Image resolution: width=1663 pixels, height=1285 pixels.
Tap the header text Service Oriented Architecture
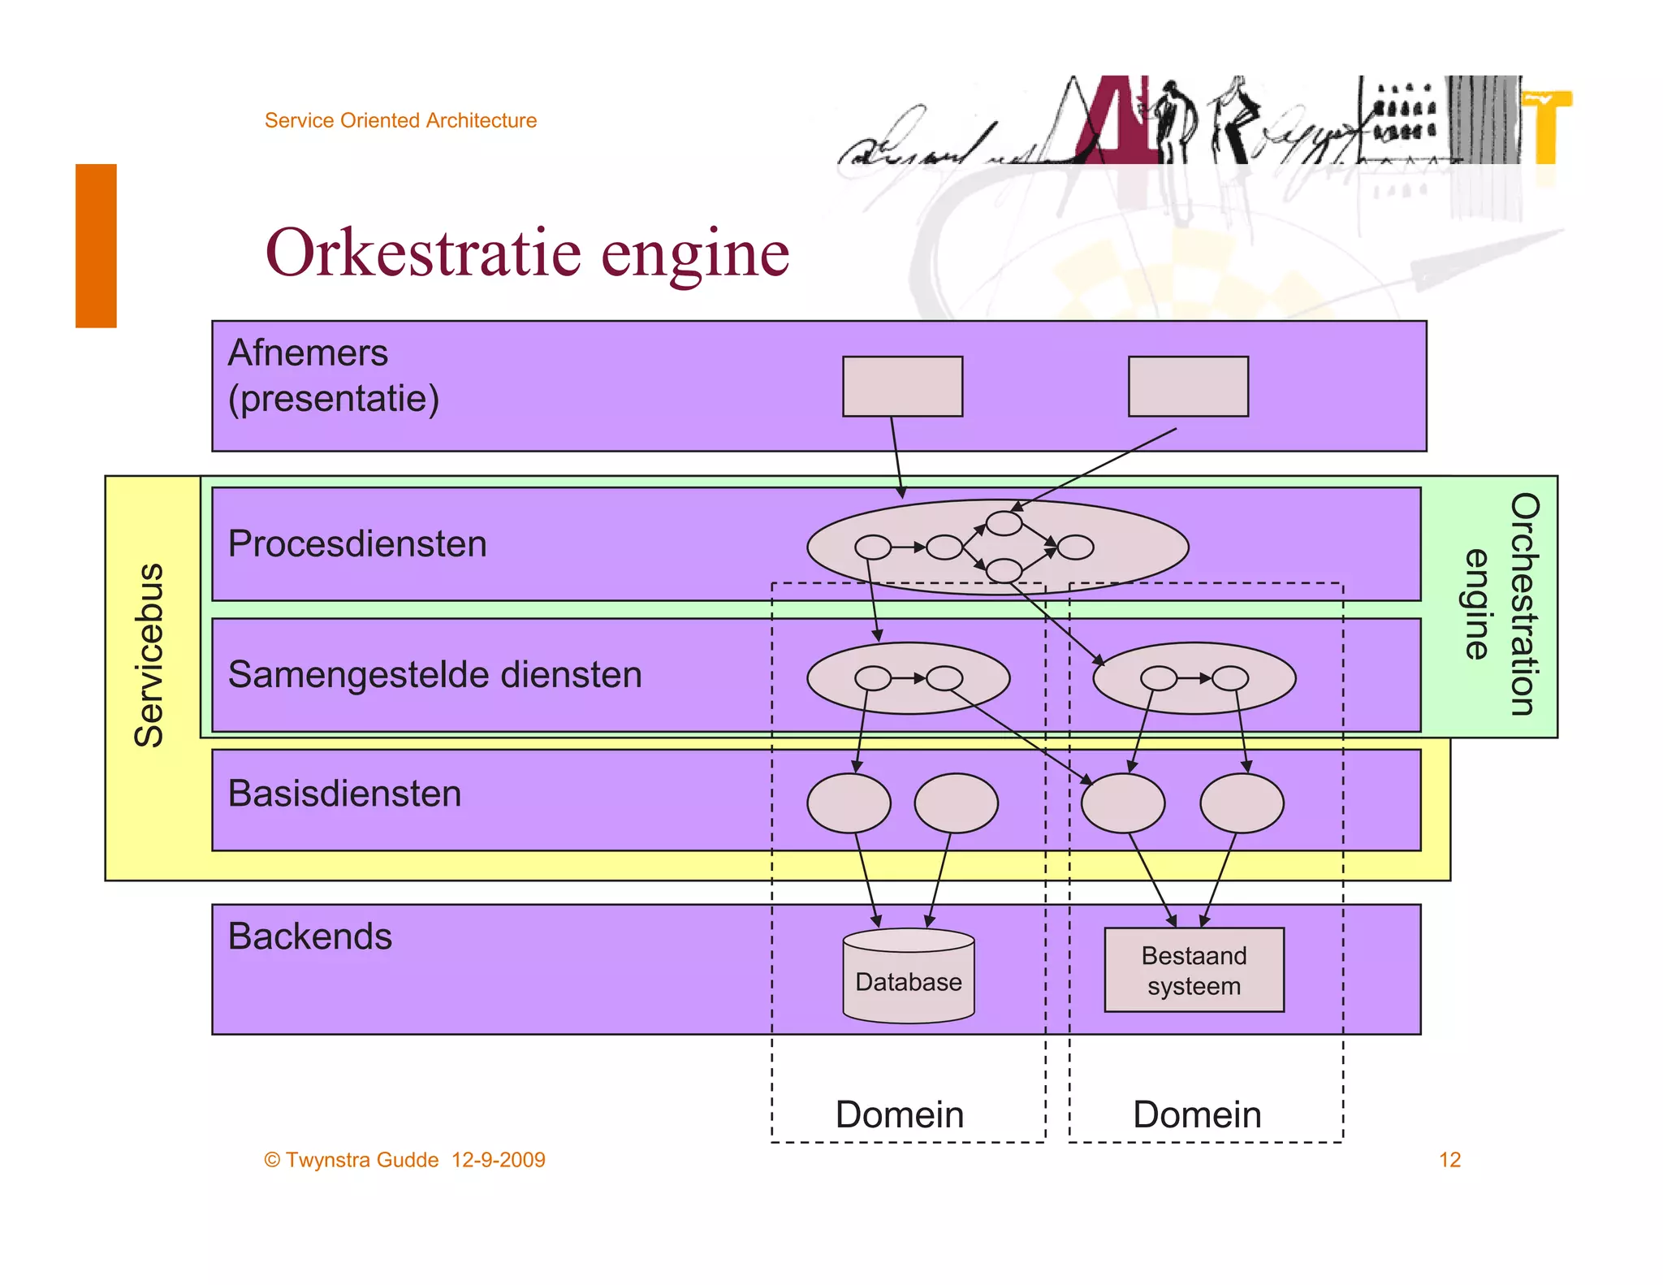400,120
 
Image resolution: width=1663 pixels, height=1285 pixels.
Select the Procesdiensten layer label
357,543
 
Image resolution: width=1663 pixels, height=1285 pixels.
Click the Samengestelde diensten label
434,674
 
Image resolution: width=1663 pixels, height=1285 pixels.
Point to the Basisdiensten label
344,794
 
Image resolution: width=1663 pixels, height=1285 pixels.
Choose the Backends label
309,937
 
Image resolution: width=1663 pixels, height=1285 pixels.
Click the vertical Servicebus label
149,655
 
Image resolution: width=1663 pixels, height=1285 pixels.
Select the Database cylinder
908,977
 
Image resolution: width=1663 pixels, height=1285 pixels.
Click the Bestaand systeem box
1194,970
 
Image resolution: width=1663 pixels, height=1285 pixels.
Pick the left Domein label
900,1114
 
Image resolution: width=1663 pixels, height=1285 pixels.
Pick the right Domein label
1197,1114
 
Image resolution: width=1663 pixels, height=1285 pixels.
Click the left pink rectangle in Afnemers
902,387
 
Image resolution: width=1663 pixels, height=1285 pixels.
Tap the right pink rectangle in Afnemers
1188,387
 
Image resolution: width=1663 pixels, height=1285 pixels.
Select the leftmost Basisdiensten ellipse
849,803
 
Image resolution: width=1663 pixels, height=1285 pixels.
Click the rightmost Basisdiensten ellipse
1242,803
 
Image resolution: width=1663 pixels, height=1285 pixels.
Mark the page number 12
1449,1160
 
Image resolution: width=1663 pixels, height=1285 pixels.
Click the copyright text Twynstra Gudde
361,1160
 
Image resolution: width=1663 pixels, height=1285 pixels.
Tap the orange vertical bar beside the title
96,245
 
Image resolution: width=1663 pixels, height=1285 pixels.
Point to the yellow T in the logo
1548,126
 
